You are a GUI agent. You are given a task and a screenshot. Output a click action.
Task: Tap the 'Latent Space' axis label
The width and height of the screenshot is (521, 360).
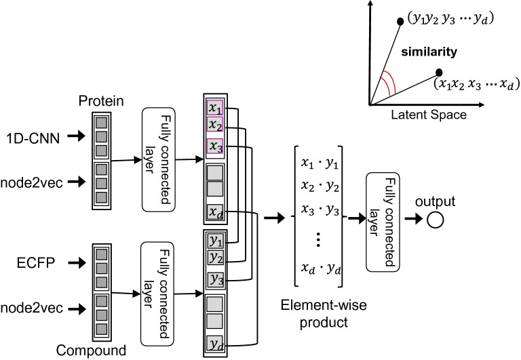419,115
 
